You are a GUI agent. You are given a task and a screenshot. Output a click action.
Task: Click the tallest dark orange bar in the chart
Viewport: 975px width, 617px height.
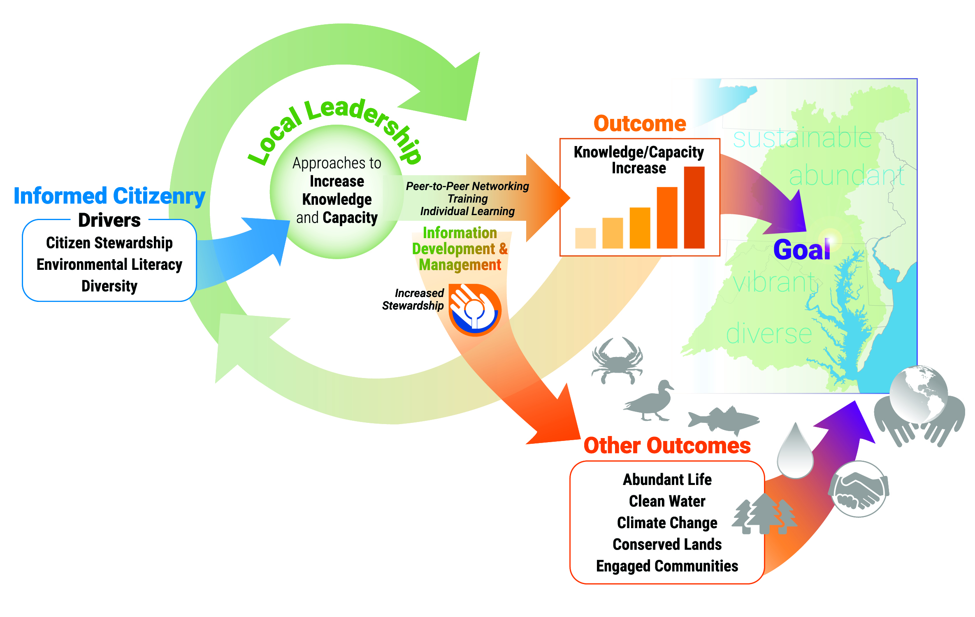[x=694, y=207]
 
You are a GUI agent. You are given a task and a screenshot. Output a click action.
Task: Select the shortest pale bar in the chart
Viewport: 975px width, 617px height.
[x=585, y=238]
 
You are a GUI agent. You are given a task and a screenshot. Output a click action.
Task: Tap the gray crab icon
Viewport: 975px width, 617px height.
[x=617, y=360]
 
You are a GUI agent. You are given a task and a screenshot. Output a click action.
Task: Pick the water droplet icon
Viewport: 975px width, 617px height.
[x=795, y=452]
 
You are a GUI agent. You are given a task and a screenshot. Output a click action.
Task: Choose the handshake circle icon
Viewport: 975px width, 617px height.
[x=859, y=489]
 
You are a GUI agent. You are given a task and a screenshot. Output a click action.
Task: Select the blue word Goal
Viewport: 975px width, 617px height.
[x=801, y=250]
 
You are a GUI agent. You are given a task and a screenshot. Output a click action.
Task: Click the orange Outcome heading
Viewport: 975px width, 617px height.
[x=640, y=124]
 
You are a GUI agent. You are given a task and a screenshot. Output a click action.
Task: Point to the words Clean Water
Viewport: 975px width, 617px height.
[x=667, y=501]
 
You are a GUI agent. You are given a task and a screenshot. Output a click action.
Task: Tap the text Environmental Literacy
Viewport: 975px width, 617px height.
[x=109, y=264]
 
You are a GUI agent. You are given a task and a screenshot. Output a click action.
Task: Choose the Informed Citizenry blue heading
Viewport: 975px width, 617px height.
[x=109, y=196]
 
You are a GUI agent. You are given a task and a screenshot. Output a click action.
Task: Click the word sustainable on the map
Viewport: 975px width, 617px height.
[x=802, y=138]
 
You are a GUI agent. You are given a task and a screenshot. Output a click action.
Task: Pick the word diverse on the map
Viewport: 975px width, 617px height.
[x=768, y=334]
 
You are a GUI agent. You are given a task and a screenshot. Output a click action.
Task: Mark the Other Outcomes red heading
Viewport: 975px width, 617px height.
[x=667, y=445]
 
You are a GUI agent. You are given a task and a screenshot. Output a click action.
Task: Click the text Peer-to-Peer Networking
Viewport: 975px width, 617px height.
[x=467, y=186]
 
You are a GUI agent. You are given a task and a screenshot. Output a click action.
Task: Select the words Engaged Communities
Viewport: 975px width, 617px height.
[x=667, y=566]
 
